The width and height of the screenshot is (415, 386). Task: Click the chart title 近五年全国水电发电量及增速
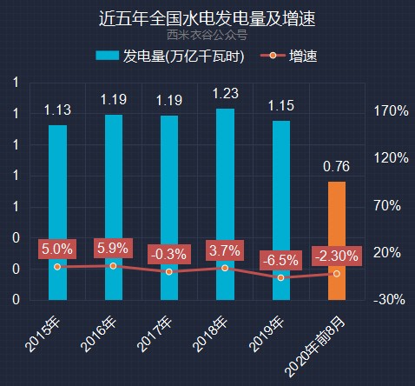pos(207,17)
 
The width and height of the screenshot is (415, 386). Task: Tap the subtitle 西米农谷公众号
pos(207,36)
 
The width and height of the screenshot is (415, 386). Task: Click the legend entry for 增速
pos(292,57)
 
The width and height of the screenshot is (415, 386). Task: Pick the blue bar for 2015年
pos(57,212)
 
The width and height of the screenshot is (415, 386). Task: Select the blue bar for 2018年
pos(225,204)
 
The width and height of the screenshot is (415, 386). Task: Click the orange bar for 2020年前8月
pos(336,240)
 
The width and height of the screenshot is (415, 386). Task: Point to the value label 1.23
pos(225,94)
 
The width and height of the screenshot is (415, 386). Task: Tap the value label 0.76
pos(336,166)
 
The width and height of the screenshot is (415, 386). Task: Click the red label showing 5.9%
pos(113,248)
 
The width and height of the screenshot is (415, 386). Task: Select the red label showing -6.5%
pos(280,260)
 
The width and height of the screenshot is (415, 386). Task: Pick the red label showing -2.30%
pos(336,256)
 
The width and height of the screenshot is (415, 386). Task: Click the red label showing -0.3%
pos(168,254)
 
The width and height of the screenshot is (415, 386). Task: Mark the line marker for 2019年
pos(280,277)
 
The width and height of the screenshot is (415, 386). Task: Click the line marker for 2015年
pos(57,266)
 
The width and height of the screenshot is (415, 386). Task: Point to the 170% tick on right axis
pos(391,111)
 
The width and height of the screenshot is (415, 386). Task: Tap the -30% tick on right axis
pos(391,299)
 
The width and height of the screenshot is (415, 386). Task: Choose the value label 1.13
pos(57,110)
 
